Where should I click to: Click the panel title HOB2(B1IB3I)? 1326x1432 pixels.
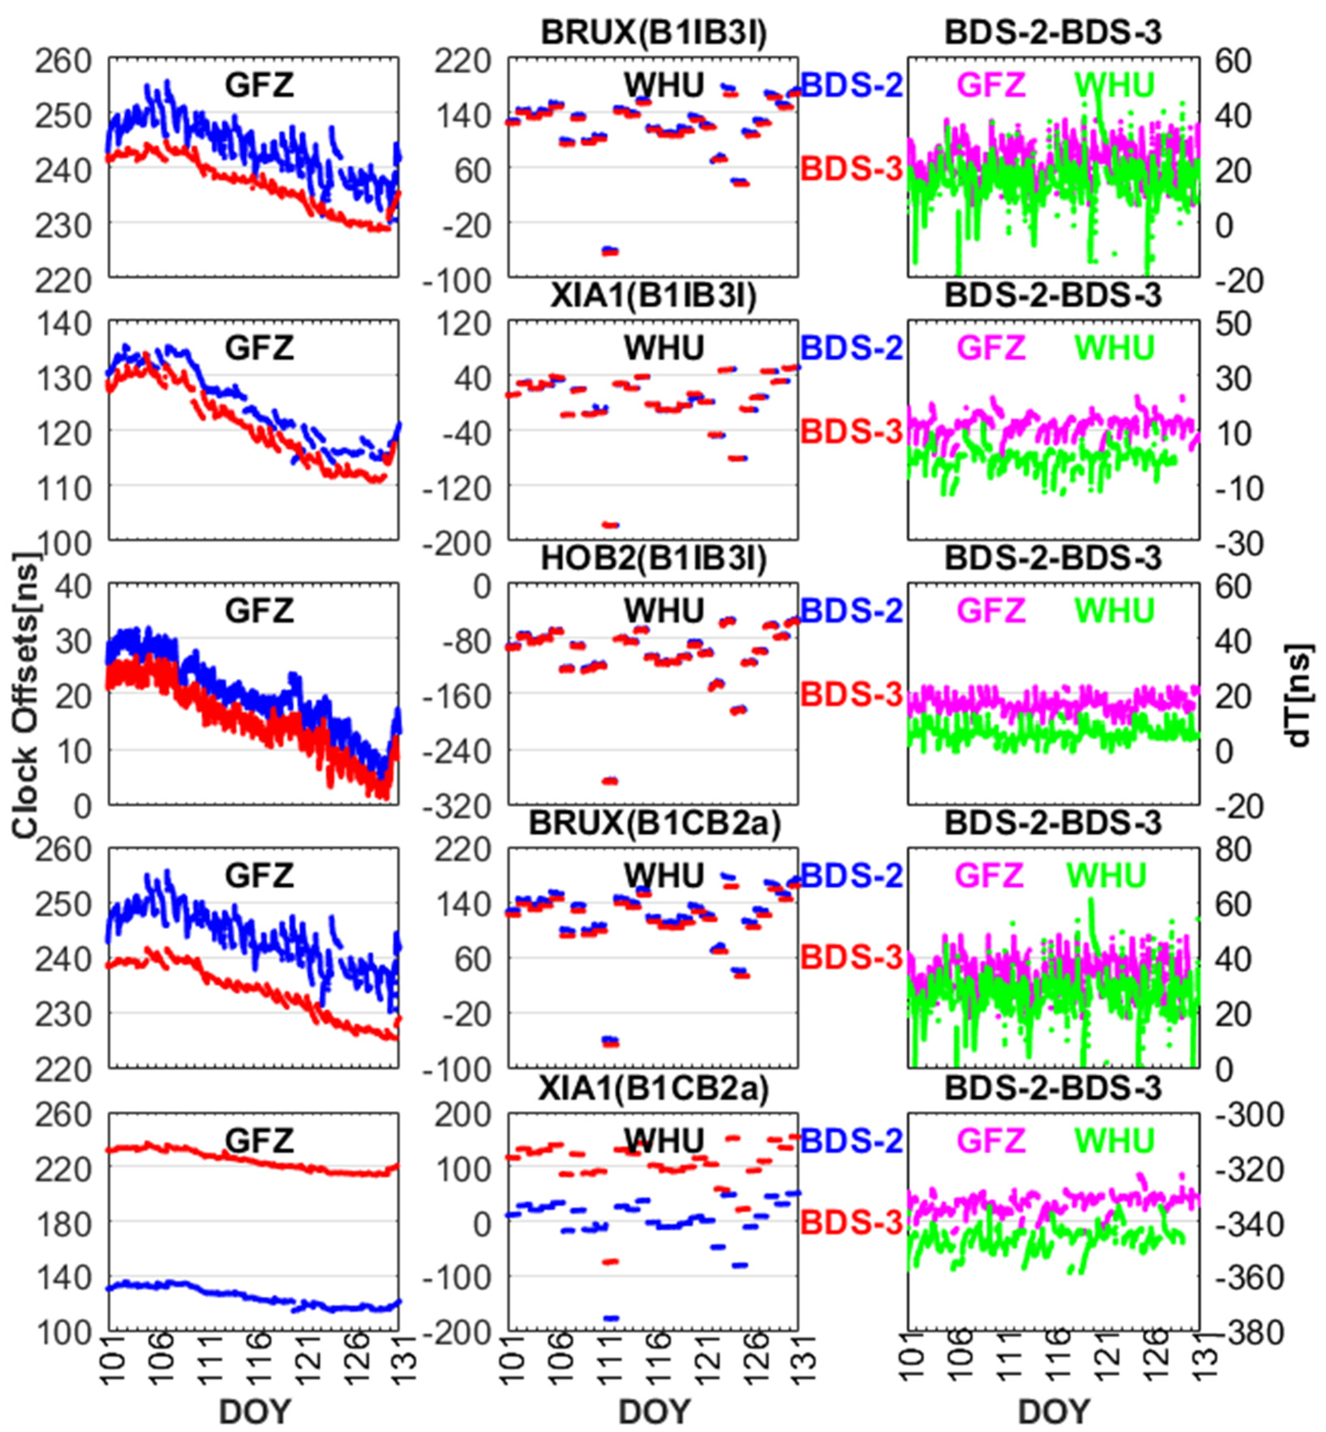[654, 559]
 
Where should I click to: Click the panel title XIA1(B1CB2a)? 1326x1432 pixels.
[654, 1088]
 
